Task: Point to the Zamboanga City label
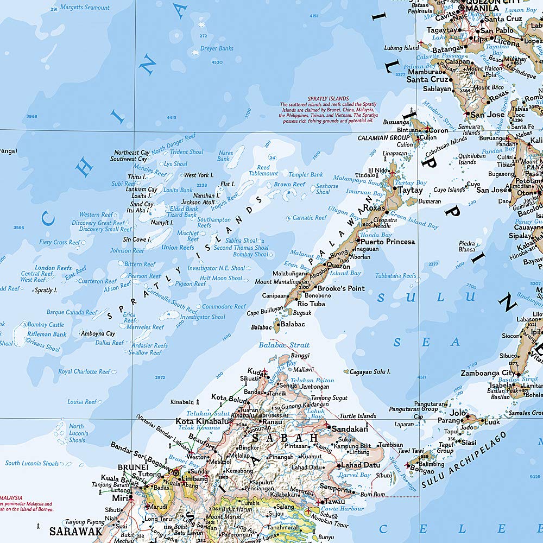[x=488, y=373]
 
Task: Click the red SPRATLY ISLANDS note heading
[x=328, y=99]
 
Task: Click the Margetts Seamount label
[x=84, y=8]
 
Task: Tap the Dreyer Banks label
[x=217, y=48]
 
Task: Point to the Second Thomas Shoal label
[x=241, y=248]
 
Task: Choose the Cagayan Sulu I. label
[x=370, y=372]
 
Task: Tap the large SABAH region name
[x=282, y=438]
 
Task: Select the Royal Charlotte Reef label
[x=84, y=372]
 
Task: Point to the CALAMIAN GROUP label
[x=383, y=138]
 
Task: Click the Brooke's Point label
[x=341, y=288]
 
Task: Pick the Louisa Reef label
[x=82, y=402]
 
